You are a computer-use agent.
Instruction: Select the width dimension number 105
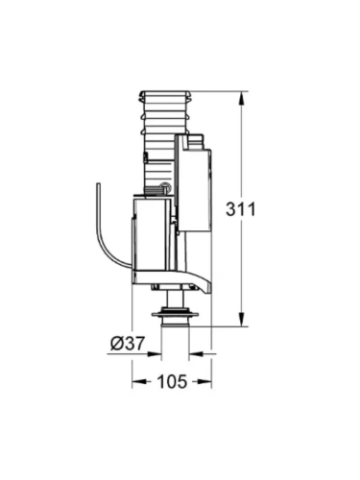(171, 382)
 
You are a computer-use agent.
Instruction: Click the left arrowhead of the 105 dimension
(135, 382)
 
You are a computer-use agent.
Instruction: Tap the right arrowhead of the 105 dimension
(206, 382)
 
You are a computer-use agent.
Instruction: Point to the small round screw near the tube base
(164, 189)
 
